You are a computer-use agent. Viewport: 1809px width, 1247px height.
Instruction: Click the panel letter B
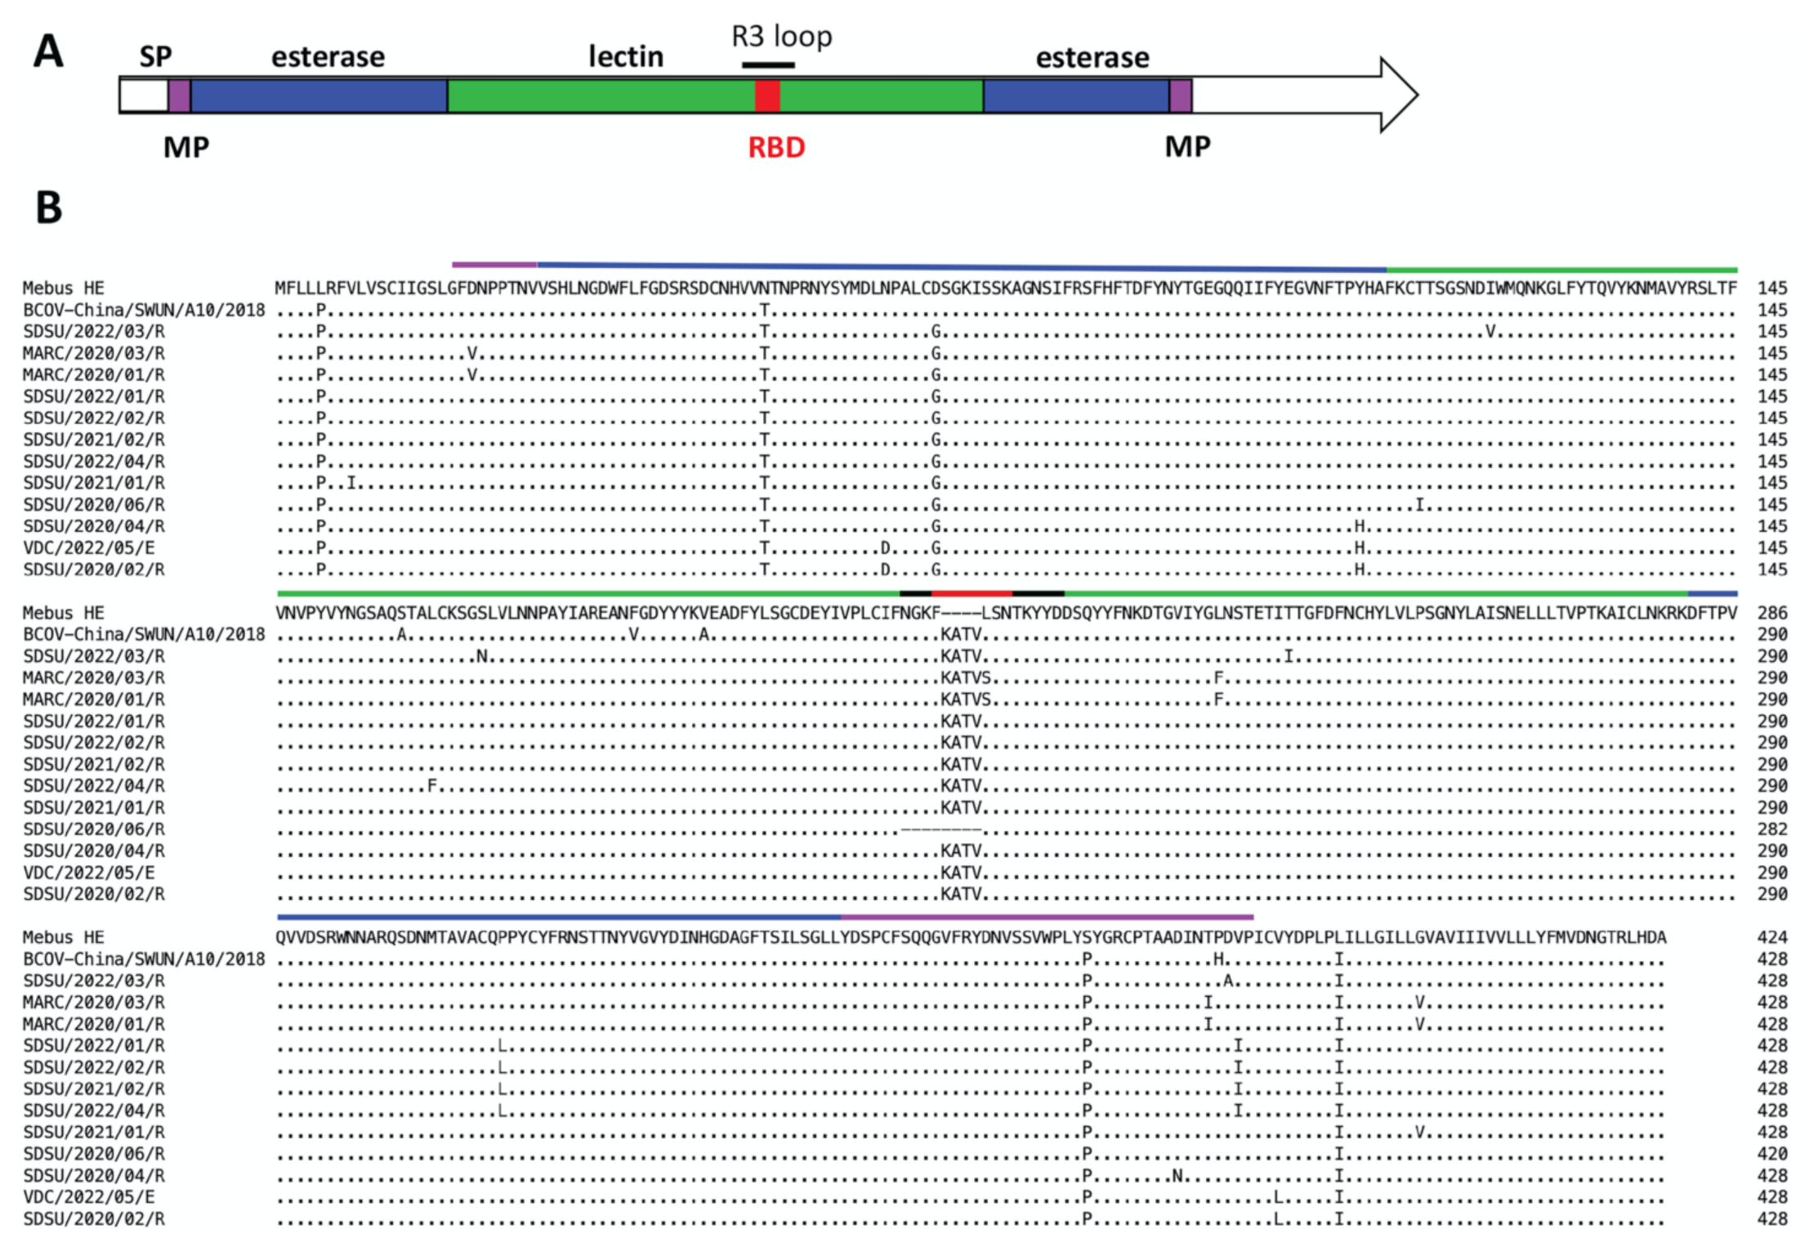[x=49, y=208]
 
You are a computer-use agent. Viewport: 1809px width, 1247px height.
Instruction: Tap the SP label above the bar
[x=155, y=57]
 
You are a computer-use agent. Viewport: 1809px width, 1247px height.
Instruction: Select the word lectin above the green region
[x=626, y=57]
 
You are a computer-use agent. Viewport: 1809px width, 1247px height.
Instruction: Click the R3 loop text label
[x=781, y=37]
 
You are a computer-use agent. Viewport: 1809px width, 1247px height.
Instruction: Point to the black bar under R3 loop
[x=768, y=65]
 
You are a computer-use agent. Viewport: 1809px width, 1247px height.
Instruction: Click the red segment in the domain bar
[x=767, y=96]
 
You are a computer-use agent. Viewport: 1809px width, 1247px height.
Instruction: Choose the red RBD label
[x=776, y=148]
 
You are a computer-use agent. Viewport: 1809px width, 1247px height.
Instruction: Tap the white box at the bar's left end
[x=144, y=96]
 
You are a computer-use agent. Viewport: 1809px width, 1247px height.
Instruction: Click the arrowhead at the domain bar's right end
[x=1398, y=95]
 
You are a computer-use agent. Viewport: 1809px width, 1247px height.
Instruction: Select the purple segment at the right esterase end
[x=1180, y=96]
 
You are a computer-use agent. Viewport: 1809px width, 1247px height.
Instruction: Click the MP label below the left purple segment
[x=186, y=148]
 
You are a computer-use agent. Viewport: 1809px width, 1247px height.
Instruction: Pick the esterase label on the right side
[x=1092, y=58]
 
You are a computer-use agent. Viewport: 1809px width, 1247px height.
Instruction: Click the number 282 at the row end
[x=1772, y=829]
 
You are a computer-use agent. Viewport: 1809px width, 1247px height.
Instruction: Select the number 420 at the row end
[x=1772, y=1154]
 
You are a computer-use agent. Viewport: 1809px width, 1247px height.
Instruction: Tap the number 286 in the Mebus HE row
[x=1772, y=613]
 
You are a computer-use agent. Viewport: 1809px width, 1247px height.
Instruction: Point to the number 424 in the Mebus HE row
[x=1772, y=937]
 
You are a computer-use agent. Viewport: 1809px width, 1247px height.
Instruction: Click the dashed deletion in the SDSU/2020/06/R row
[x=940, y=829]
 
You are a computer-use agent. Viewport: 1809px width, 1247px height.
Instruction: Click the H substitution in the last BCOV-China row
[x=1218, y=959]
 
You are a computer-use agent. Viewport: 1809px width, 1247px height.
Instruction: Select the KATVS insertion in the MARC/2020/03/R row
[x=966, y=677]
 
